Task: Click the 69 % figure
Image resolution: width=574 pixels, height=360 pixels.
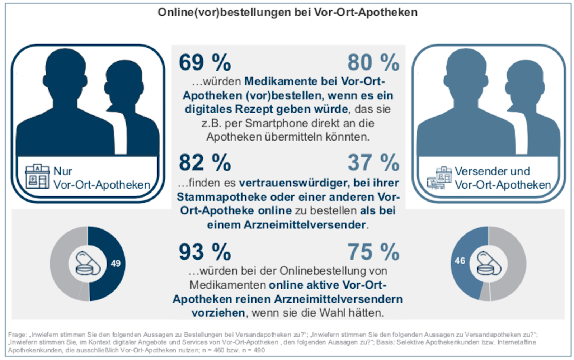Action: coord(205,63)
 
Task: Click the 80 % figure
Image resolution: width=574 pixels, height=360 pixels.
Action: coord(373,63)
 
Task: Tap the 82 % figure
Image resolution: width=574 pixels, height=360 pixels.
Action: coord(205,163)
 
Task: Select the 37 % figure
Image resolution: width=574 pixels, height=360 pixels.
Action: coord(373,163)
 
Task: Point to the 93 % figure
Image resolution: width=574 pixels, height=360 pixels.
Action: coord(205,252)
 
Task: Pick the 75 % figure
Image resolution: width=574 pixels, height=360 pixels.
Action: coord(373,252)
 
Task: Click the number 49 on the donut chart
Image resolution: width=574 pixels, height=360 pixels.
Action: coord(116,264)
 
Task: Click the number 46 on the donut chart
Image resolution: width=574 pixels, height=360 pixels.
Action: coord(460,261)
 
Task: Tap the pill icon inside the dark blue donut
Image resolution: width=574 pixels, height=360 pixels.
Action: coord(88,264)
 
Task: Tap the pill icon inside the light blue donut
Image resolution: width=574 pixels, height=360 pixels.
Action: coord(488,264)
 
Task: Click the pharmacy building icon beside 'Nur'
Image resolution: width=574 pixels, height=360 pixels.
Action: coord(37,176)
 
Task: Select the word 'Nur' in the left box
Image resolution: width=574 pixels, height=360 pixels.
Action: coord(63,171)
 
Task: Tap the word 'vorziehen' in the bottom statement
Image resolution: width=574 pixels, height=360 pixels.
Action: coord(218,313)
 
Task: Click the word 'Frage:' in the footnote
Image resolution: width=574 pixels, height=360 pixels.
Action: coord(17,335)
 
